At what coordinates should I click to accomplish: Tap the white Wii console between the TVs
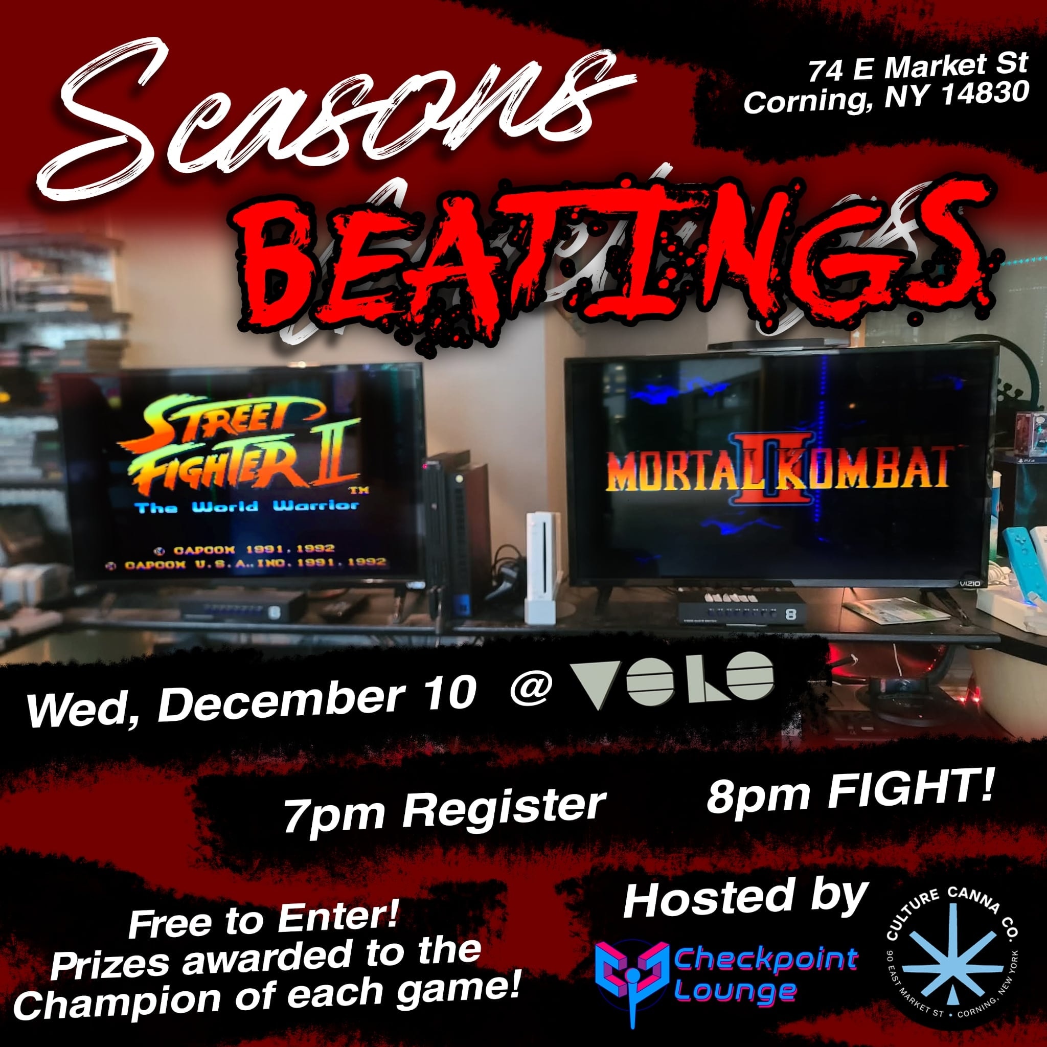coord(539,566)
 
